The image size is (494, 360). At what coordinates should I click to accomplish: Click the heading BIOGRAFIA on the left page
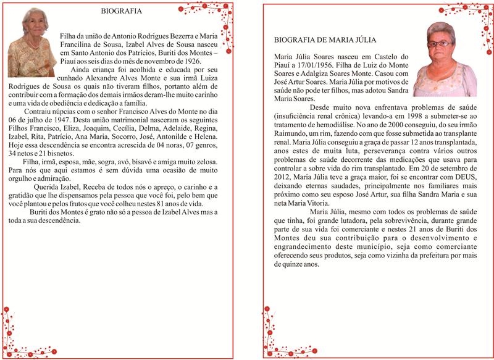(120, 11)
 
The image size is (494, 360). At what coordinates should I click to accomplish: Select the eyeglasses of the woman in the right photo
(440, 44)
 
